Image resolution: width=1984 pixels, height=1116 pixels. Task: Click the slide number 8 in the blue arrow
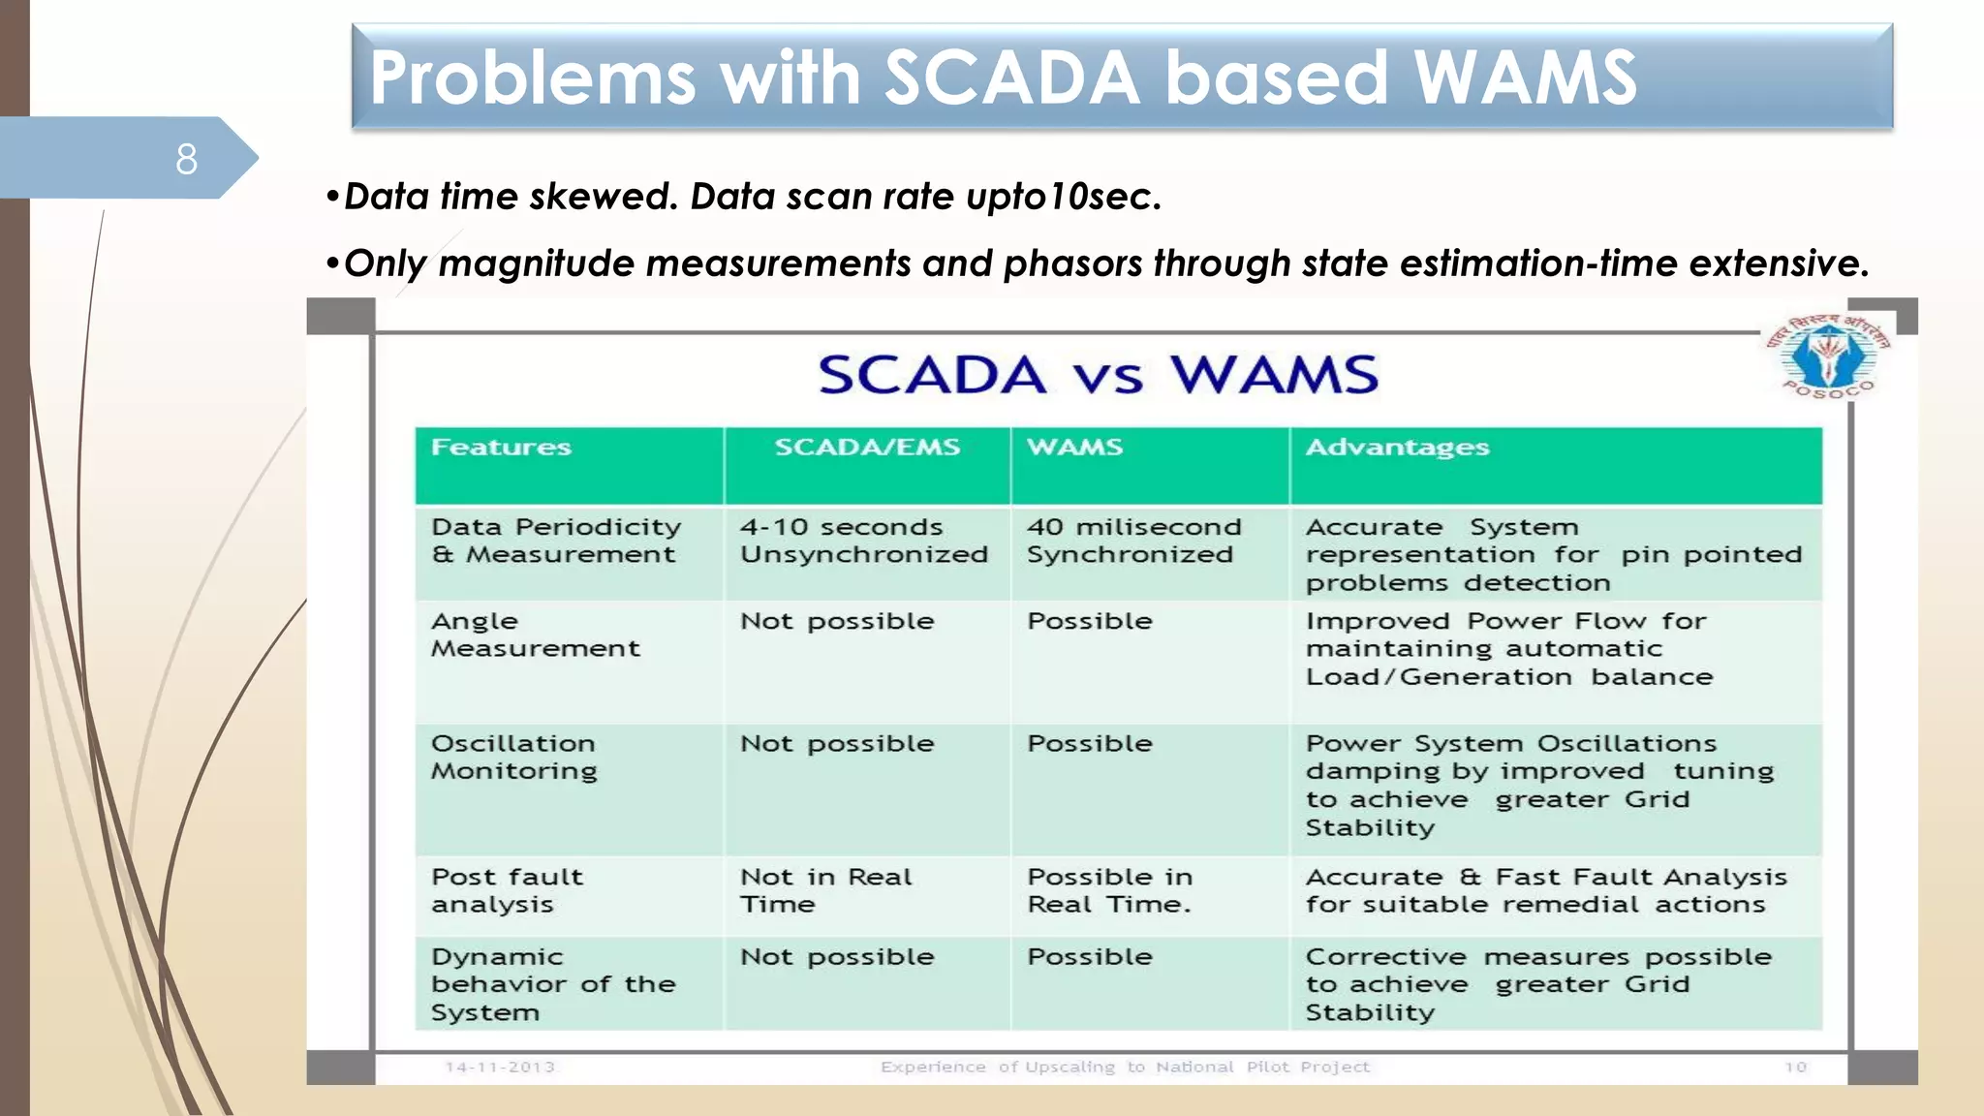pos(186,159)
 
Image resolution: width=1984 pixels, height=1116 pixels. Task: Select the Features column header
pos(501,448)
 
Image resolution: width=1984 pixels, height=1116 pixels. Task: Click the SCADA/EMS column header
pos(866,448)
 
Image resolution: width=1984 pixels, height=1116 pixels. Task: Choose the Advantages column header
pos(1396,448)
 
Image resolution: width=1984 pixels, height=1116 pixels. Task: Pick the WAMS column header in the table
pos(1074,448)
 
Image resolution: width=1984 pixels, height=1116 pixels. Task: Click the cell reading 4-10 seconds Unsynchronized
pos(862,541)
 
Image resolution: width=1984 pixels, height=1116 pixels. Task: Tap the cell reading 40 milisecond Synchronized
pos(1132,541)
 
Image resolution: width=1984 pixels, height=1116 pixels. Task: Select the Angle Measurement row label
pos(535,635)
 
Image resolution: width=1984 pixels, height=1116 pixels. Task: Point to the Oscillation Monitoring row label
pos(513,757)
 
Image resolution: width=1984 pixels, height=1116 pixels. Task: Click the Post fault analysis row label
pos(506,890)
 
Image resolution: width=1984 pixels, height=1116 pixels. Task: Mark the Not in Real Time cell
pos(825,890)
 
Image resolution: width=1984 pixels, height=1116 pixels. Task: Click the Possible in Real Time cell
pos(1109,890)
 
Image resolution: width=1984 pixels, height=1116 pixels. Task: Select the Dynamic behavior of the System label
pos(552,984)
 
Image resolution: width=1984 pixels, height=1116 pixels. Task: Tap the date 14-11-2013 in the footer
pos(499,1068)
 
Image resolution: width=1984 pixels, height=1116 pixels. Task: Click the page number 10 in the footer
pos(1795,1068)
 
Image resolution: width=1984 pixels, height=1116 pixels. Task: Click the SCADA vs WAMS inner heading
pos(1098,375)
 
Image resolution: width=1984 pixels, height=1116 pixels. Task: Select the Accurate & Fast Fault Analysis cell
pos(1544,890)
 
